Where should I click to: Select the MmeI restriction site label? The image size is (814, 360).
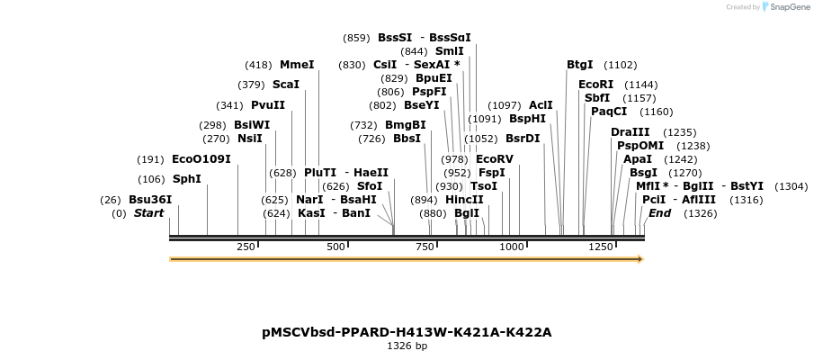click(297, 65)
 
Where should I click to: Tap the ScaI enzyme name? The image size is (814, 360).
click(285, 85)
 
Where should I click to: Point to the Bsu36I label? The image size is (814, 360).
click(150, 200)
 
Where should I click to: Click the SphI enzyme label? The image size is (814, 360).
click(187, 178)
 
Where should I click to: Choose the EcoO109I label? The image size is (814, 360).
click(201, 159)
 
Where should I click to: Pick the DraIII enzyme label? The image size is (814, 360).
click(630, 132)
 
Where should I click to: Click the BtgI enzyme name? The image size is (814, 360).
click(580, 65)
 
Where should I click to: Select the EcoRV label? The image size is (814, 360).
click(495, 159)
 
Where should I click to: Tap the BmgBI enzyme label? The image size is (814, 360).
click(406, 125)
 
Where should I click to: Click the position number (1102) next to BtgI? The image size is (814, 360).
click(621, 65)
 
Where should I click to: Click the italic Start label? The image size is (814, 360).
click(149, 213)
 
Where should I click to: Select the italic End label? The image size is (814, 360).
click(659, 213)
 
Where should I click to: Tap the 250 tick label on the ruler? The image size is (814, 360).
click(246, 247)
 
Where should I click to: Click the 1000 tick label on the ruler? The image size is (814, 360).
click(511, 247)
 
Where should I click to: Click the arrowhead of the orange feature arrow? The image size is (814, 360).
click(640, 259)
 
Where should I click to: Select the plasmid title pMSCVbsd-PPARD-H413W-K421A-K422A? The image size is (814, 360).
click(407, 332)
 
